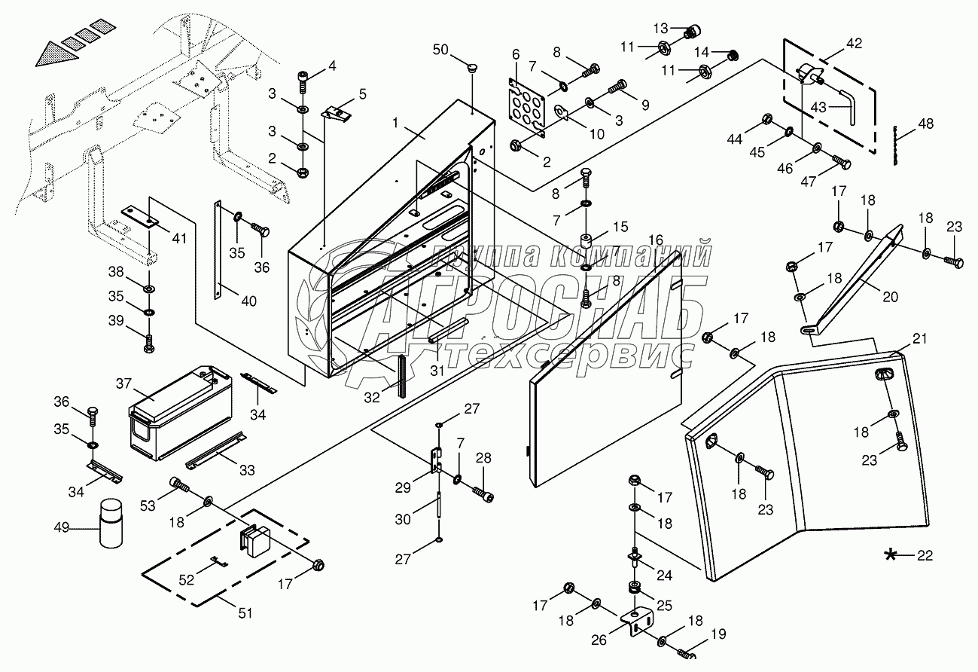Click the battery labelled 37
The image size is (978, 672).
[x=181, y=413]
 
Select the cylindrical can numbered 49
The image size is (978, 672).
[x=111, y=524]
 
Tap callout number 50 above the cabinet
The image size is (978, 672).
[x=440, y=50]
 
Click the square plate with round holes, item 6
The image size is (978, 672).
[x=527, y=108]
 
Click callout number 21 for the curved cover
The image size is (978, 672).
[x=919, y=338]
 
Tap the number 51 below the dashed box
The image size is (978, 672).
[x=245, y=613]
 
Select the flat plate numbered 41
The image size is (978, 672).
[x=141, y=217]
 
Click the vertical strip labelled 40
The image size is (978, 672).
[x=218, y=249]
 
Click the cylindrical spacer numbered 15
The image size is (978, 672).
[x=586, y=242]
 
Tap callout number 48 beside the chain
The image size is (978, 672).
[x=925, y=124]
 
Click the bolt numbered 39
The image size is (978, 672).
[x=149, y=344]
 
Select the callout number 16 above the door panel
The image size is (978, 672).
[x=655, y=240]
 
